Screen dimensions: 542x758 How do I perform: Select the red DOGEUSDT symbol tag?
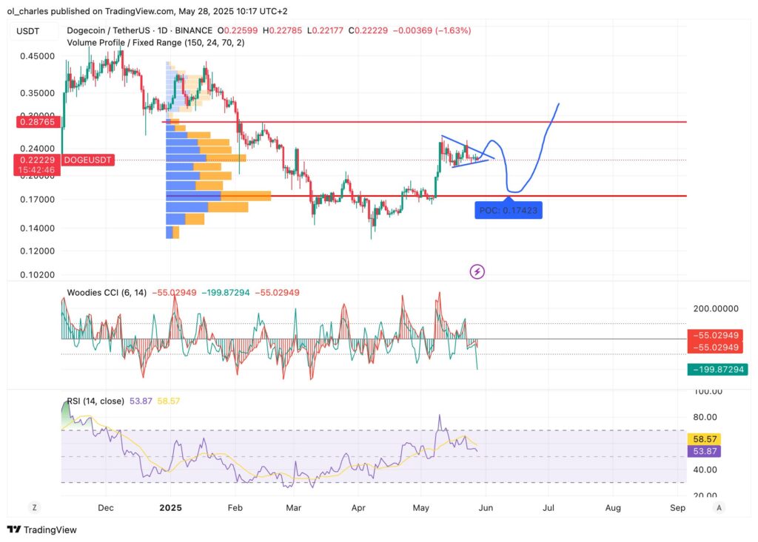click(x=88, y=160)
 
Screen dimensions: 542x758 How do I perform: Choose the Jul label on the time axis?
click(x=549, y=508)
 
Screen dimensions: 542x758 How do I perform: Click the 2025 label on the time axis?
click(x=170, y=508)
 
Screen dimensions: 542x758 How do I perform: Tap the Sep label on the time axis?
click(x=677, y=508)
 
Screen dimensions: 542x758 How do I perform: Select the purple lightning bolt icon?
click(x=477, y=271)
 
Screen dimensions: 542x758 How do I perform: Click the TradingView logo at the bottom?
click(x=42, y=529)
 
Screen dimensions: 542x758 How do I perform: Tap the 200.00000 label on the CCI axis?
click(x=714, y=308)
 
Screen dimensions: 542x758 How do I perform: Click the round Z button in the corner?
click(x=33, y=508)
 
